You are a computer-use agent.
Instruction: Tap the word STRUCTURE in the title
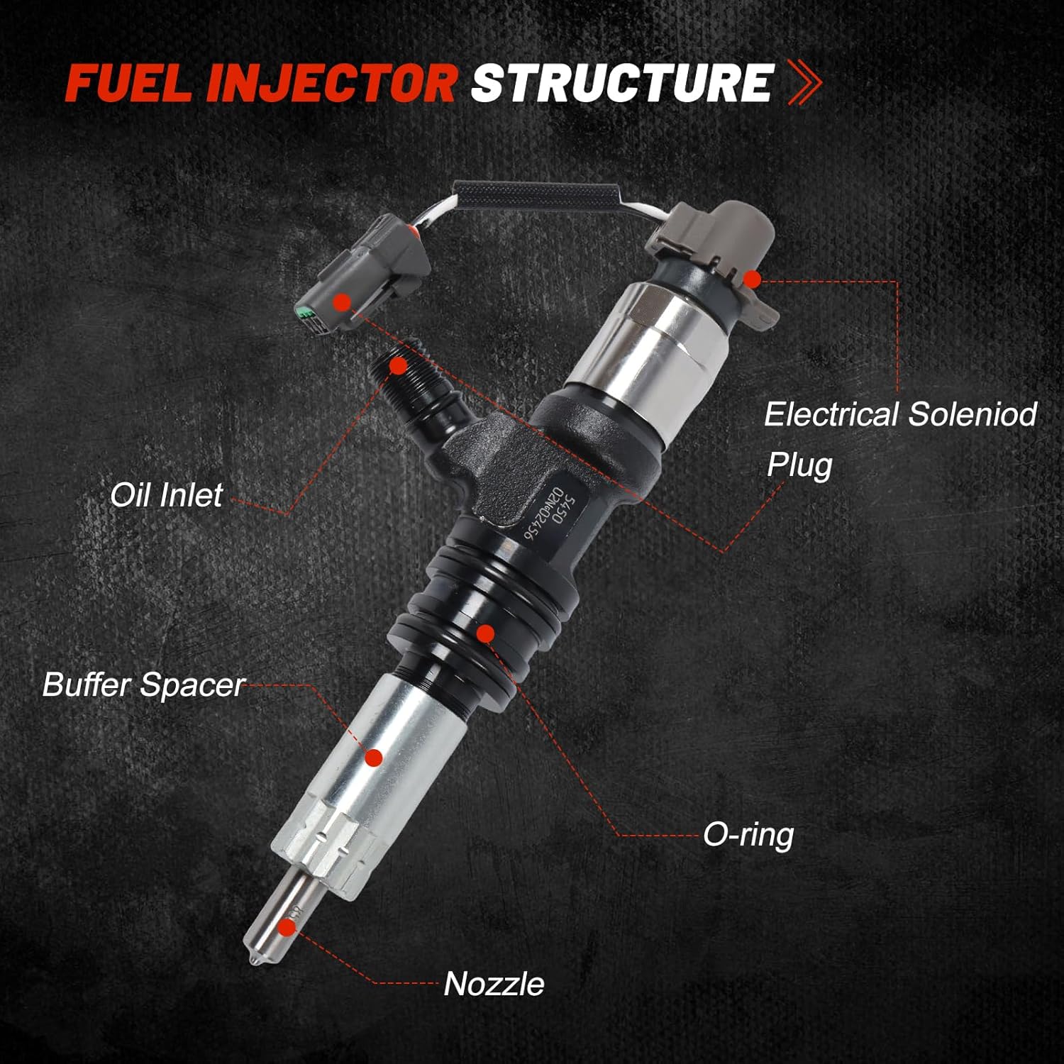(x=621, y=83)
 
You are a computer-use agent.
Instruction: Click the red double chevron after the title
(x=805, y=83)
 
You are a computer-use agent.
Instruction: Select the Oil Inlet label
(x=166, y=495)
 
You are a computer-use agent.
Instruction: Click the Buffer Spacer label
(x=143, y=685)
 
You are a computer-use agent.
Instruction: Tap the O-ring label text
(x=748, y=835)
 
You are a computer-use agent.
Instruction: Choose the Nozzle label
(x=494, y=984)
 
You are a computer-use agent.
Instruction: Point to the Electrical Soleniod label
(x=899, y=414)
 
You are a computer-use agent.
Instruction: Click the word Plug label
(x=799, y=465)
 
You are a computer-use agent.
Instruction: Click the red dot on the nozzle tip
(x=287, y=927)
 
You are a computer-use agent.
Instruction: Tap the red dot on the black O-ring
(x=485, y=633)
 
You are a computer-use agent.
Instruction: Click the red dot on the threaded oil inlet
(x=399, y=366)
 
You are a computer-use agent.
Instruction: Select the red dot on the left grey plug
(x=343, y=301)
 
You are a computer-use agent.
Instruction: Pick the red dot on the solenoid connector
(x=753, y=279)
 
